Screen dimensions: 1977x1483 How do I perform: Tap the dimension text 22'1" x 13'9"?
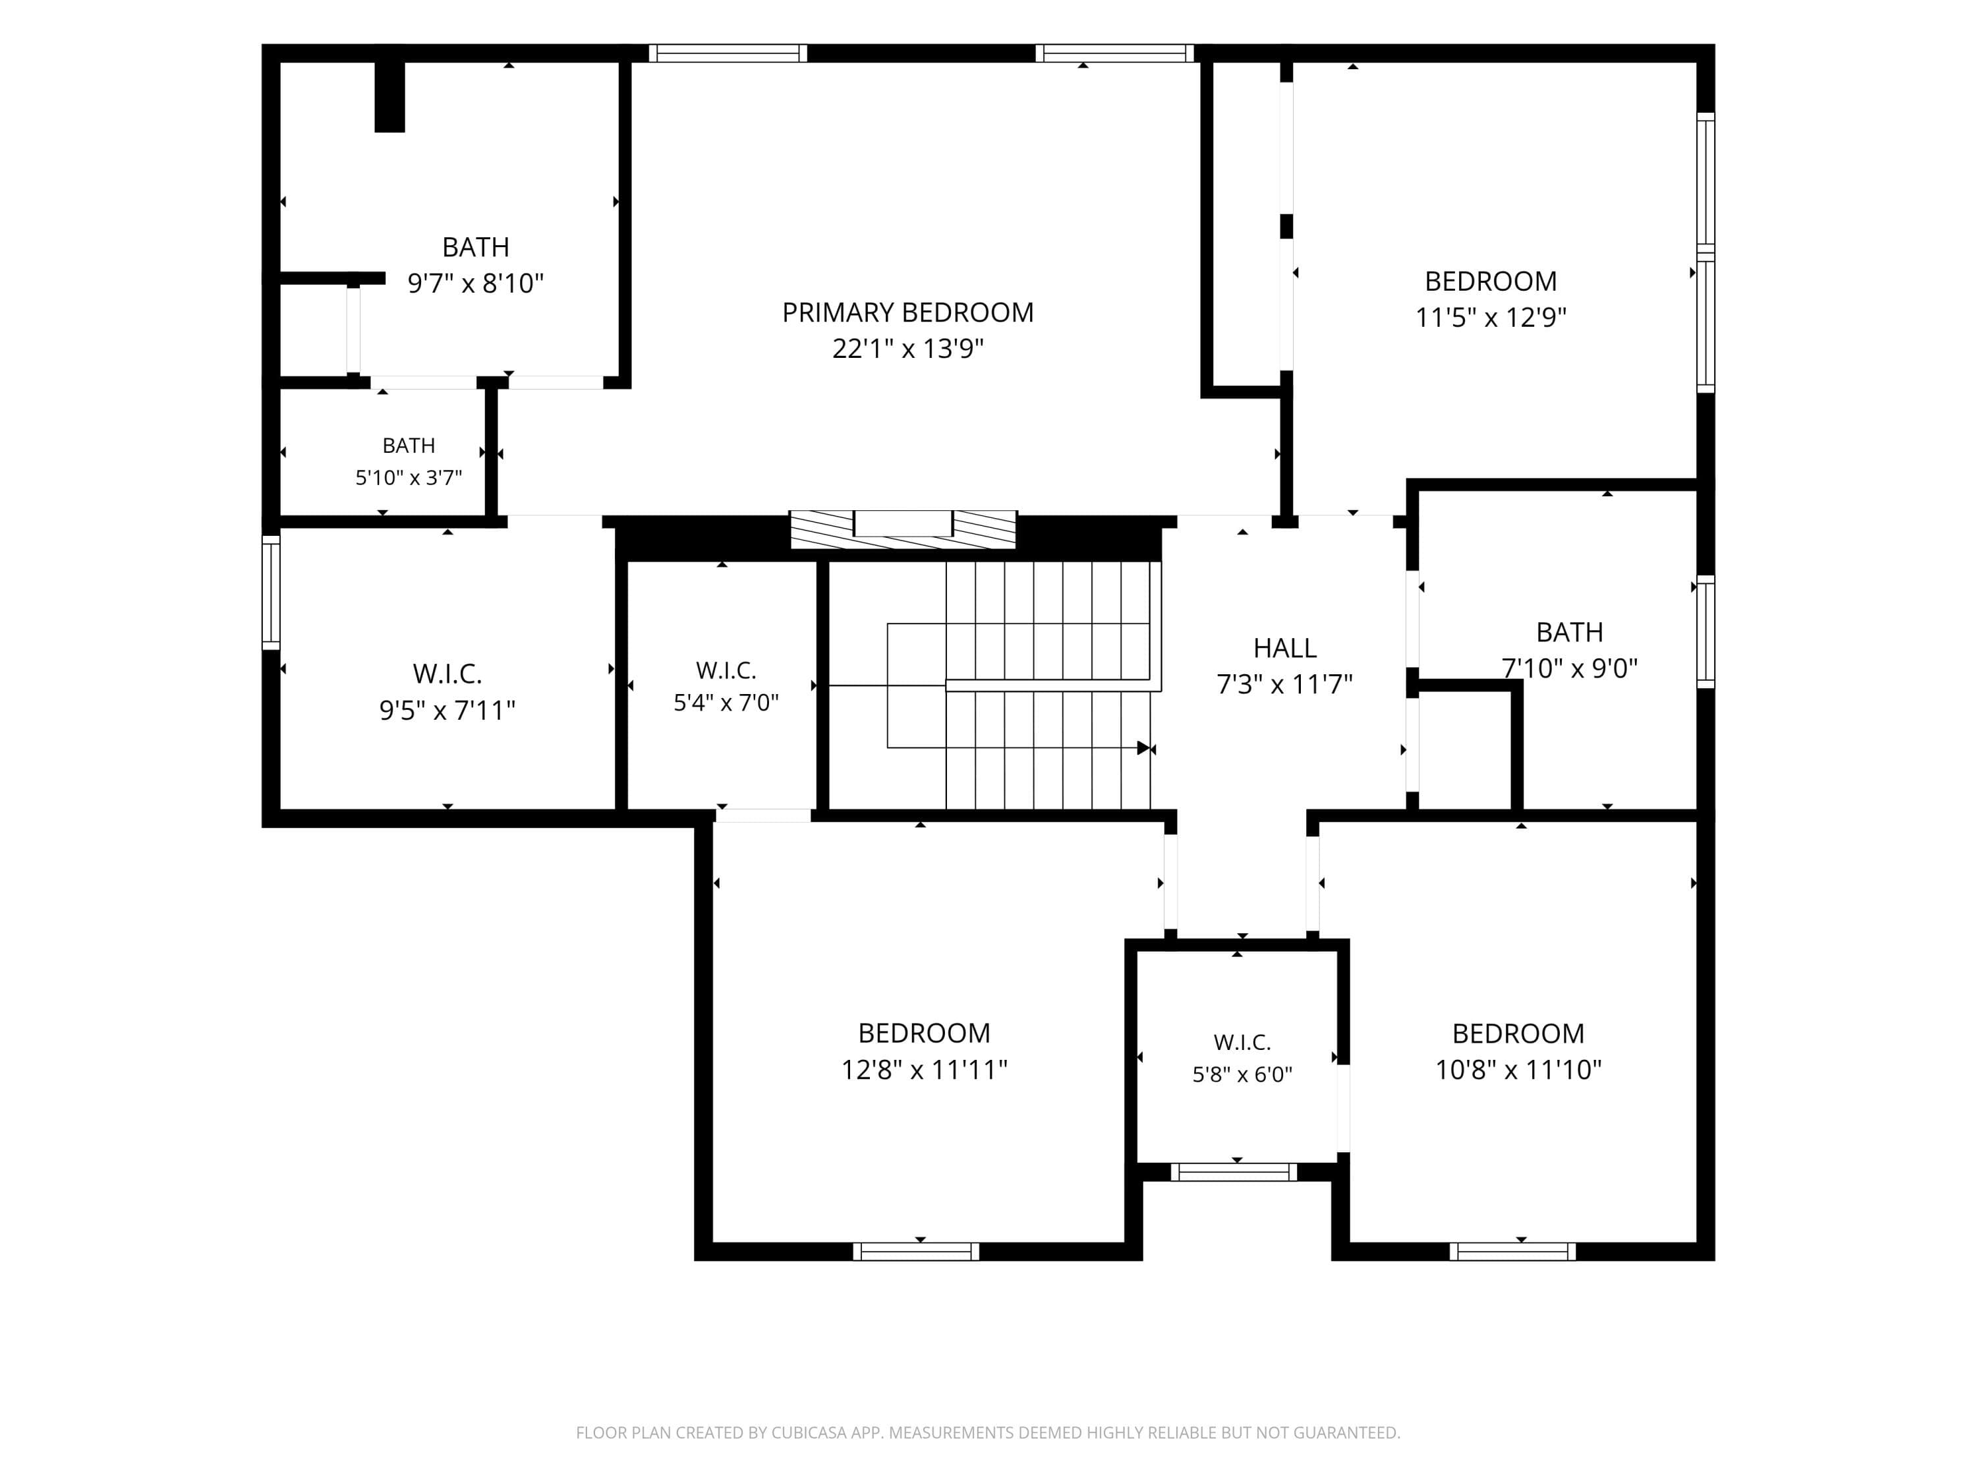click(x=907, y=349)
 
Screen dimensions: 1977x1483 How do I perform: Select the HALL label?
click(x=1284, y=648)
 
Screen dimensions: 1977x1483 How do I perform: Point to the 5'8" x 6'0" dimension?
click(x=1242, y=1074)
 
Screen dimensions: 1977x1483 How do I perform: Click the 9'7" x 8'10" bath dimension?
click(x=476, y=283)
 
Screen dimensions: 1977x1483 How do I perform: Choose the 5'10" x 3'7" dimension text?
click(x=409, y=477)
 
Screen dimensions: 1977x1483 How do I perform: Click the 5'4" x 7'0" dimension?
click(x=726, y=703)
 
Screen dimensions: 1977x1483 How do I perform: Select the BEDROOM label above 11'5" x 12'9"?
click(x=1491, y=281)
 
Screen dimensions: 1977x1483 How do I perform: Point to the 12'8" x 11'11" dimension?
click(x=924, y=1070)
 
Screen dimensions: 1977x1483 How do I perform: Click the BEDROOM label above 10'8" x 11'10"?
click(x=1518, y=1033)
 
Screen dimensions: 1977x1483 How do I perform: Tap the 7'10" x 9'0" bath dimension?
click(x=1570, y=668)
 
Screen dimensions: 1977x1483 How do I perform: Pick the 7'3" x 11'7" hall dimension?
click(x=1284, y=685)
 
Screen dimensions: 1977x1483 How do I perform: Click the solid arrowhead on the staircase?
click(x=1143, y=747)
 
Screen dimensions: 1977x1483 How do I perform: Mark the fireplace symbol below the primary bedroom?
click(x=903, y=529)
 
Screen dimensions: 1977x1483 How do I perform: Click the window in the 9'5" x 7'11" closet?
click(x=271, y=593)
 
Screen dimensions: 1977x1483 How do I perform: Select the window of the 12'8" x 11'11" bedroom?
click(x=916, y=1252)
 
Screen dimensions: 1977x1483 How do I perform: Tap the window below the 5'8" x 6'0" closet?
click(x=1234, y=1172)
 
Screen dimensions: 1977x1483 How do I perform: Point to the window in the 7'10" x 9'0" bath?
click(x=1706, y=632)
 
